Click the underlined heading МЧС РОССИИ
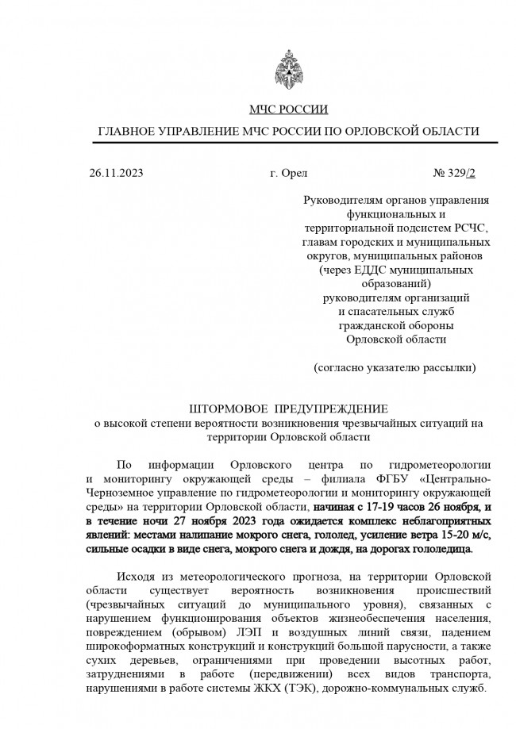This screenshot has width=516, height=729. tap(287, 109)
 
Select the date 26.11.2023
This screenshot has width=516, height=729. tap(117, 172)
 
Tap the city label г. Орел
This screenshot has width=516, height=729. tap(288, 172)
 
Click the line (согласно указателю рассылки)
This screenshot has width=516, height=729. tap(395, 367)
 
